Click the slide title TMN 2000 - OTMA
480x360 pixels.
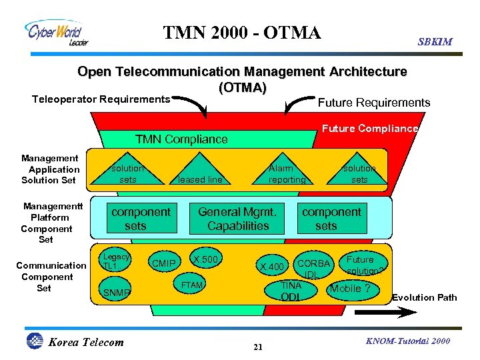[x=242, y=32]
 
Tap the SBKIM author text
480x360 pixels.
[x=435, y=41]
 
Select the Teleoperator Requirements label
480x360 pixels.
[x=101, y=99]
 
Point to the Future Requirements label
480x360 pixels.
[x=374, y=103]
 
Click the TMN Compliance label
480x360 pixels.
[x=181, y=139]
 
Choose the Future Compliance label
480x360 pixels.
[x=370, y=129]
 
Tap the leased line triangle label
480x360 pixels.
[x=200, y=179]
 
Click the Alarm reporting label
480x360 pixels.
[x=287, y=174]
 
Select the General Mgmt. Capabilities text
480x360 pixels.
[x=237, y=219]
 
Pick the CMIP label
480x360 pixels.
[x=164, y=264]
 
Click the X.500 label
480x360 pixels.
[x=206, y=259]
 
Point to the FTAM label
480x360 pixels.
[x=191, y=285]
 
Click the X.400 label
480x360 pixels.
[x=273, y=267]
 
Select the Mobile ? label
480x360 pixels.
[x=351, y=289]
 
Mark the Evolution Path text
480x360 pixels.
[x=425, y=297]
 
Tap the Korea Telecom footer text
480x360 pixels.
[x=86, y=343]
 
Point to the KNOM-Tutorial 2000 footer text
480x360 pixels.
[x=407, y=341]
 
